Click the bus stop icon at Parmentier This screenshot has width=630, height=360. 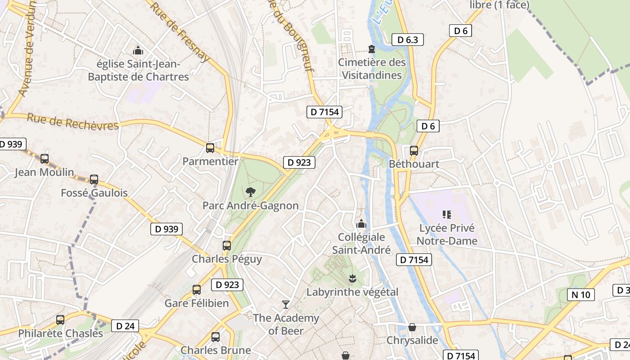click(x=210, y=148)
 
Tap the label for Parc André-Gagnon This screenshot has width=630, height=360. click(x=250, y=206)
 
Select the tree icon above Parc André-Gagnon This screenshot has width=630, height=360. click(x=250, y=192)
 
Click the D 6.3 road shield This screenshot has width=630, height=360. click(x=408, y=40)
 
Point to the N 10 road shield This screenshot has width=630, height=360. click(x=580, y=295)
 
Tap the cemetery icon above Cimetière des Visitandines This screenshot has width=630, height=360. click(x=372, y=49)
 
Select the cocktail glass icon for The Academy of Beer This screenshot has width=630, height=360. click(x=285, y=305)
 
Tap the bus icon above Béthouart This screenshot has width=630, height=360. click(x=414, y=151)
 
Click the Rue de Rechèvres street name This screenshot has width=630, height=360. click(x=72, y=121)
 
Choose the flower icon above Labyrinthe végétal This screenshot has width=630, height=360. click(x=352, y=279)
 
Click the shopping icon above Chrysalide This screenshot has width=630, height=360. click(x=412, y=327)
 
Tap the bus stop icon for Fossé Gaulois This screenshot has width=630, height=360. click(x=94, y=180)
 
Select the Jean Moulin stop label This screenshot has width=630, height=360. click(x=44, y=172)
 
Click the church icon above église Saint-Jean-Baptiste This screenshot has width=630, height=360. click(x=138, y=50)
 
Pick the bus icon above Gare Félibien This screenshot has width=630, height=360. click(x=197, y=290)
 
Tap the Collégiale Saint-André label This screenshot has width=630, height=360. click(x=361, y=243)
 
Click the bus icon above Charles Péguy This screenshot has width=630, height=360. click(x=227, y=246)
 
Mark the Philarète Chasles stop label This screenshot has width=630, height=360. click(x=60, y=333)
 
